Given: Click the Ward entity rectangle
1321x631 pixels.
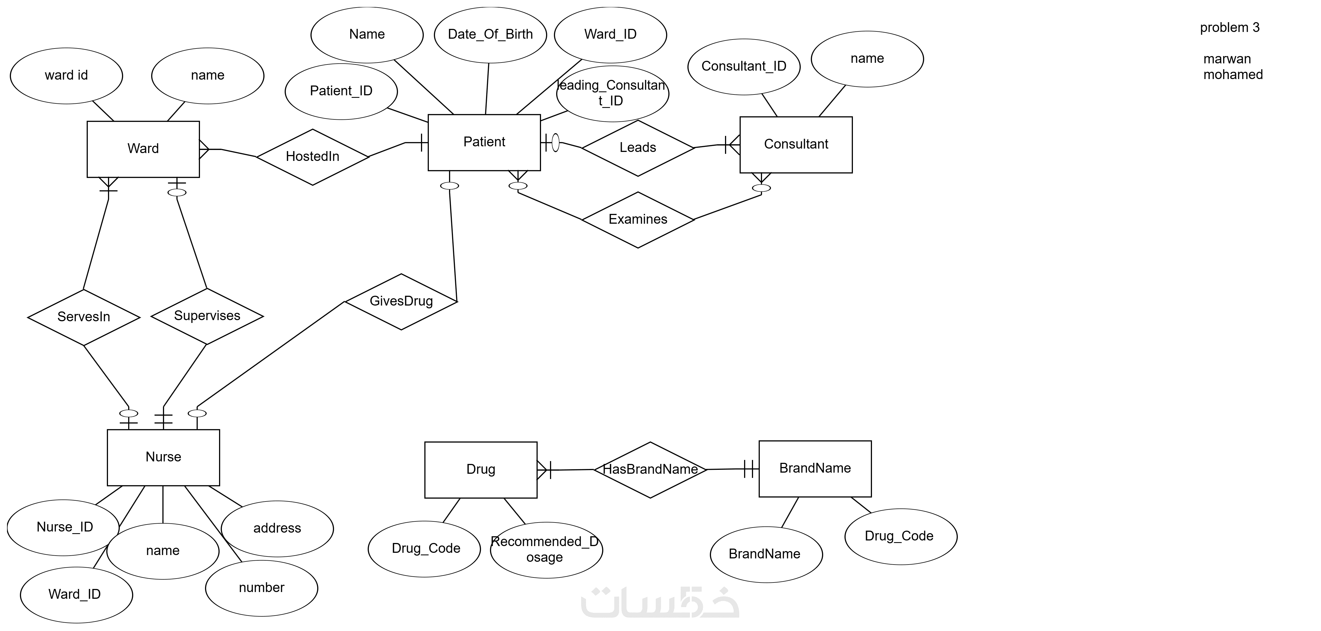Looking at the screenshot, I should pos(143,149).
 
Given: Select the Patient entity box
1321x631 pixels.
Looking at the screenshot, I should pos(484,142).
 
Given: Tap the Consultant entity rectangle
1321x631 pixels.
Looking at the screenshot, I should pos(796,145).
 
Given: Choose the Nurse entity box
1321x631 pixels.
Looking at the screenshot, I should pos(163,457).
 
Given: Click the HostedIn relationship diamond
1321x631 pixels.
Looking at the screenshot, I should pos(312,157).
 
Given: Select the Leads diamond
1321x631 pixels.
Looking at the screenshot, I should pos(638,148).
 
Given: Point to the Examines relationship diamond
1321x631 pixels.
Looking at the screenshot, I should pos(638,220).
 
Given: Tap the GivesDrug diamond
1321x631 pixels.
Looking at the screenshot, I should pos(401,301).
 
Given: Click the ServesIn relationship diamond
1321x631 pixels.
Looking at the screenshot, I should pos(84,317).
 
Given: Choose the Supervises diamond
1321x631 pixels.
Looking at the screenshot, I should pos(207,316).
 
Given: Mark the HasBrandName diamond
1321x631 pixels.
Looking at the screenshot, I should pos(650,470).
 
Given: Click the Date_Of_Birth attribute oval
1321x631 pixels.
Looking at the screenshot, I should pos(490,35).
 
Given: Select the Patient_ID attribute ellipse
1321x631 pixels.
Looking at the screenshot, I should pos(341,91).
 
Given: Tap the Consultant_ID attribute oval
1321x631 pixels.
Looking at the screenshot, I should pos(744,67).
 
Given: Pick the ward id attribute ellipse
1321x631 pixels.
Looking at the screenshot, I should pos(66,76).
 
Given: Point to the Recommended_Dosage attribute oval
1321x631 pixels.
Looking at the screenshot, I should pos(546,550).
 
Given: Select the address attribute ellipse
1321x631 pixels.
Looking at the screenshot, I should pos(277,528).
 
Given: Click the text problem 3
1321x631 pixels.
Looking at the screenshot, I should pos(1229,28).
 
